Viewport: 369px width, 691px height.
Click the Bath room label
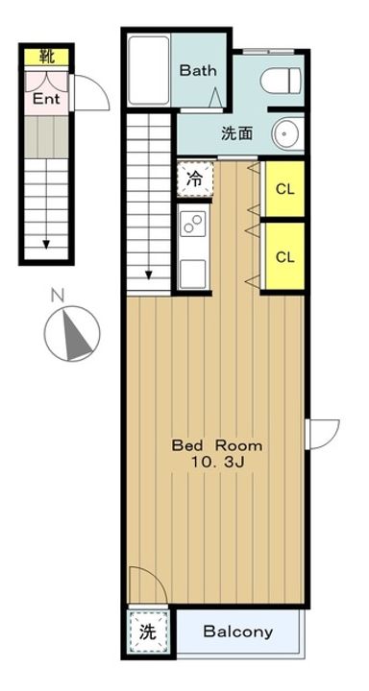(x=198, y=70)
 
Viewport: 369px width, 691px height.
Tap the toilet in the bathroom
(x=281, y=81)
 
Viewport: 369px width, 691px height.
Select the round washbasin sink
(x=287, y=132)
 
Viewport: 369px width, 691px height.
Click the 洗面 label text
(x=237, y=133)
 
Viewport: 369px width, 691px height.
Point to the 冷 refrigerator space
(x=195, y=179)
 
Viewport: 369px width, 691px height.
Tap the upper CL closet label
(x=285, y=189)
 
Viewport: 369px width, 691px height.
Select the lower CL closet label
(x=285, y=257)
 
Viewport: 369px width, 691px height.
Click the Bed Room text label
(x=217, y=445)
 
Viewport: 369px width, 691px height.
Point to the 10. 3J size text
(x=216, y=463)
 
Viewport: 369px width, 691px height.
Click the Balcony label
(x=238, y=631)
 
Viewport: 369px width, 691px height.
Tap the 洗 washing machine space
(x=148, y=632)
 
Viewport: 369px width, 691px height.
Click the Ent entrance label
(x=46, y=99)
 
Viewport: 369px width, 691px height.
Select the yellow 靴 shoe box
(x=46, y=57)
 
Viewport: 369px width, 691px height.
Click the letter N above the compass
(x=57, y=296)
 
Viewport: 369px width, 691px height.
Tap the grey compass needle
(x=76, y=335)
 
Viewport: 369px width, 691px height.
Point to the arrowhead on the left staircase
(x=46, y=245)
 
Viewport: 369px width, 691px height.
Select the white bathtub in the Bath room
(x=149, y=70)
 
